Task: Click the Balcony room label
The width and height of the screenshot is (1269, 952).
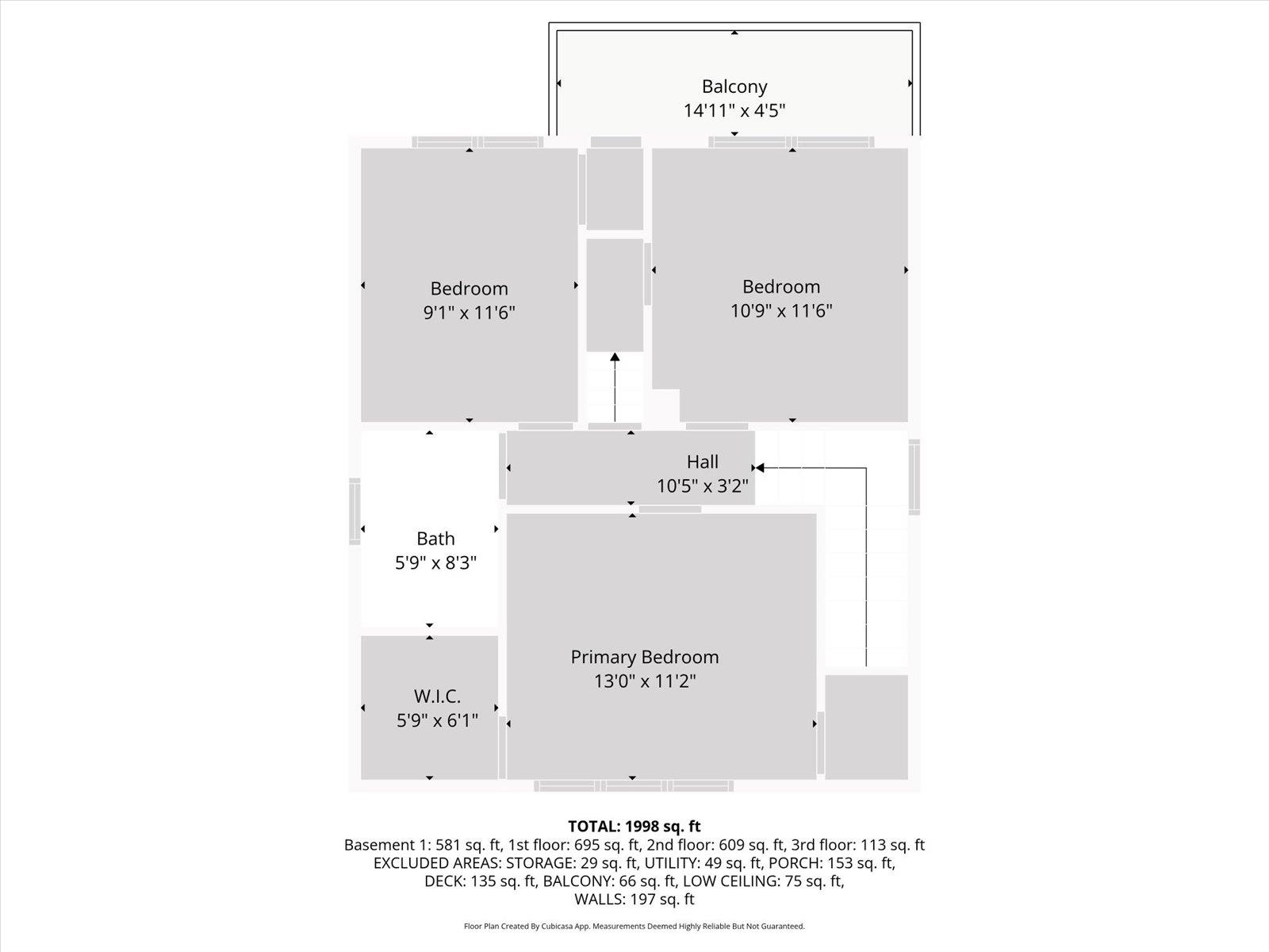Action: [x=734, y=86]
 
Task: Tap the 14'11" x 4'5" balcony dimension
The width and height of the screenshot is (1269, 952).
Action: [x=734, y=110]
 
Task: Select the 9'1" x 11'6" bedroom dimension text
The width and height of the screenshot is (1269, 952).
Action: [x=469, y=313]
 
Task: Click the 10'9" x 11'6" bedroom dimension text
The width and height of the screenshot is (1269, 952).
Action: [x=780, y=310]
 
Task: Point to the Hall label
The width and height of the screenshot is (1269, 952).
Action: [x=703, y=462]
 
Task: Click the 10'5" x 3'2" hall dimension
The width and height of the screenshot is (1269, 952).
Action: [x=703, y=486]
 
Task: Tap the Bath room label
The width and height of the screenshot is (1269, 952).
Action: [x=435, y=539]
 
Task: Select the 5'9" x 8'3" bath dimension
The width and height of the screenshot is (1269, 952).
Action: [x=435, y=562]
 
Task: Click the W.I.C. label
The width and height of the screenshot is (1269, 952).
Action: [x=437, y=697]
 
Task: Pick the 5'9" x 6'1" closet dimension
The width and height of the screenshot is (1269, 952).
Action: [x=437, y=720]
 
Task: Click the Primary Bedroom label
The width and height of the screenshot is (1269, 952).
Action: [x=645, y=657]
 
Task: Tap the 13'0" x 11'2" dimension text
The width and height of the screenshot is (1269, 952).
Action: [x=645, y=681]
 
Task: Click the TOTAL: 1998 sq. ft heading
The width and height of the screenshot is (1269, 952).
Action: [x=634, y=827]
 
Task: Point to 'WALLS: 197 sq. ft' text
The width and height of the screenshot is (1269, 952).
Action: [x=634, y=899]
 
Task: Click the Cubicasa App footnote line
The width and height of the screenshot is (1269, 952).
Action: [x=634, y=926]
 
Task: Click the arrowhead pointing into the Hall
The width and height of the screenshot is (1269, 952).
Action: [x=760, y=468]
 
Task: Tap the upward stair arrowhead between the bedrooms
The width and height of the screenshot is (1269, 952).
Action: [x=615, y=359]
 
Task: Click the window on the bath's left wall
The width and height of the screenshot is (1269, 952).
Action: [x=355, y=512]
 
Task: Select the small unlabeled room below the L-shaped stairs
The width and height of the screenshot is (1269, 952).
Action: [x=866, y=727]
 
